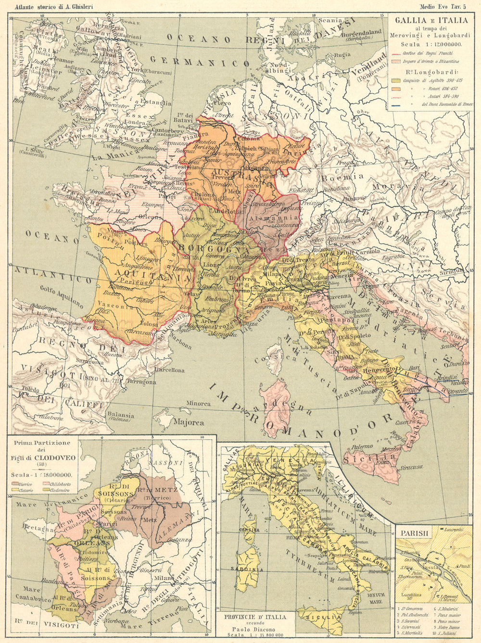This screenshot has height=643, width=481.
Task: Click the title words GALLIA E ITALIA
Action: pos(431,20)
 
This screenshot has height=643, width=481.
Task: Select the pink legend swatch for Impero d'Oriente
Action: pos(396,61)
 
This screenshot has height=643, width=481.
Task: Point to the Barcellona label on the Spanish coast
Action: pos(169,370)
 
